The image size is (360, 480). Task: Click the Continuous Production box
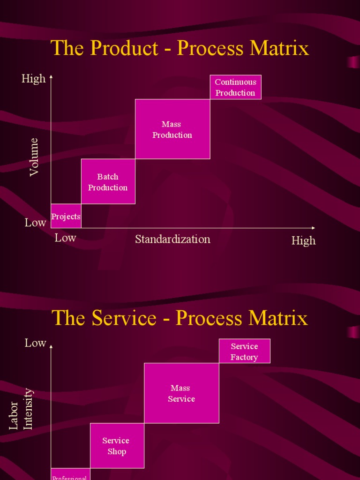pyautogui.click(x=235, y=87)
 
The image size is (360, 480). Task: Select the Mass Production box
pyautogui.click(x=172, y=129)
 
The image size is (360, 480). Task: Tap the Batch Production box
pyautogui.click(x=108, y=182)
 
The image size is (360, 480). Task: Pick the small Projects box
pyautogui.click(x=66, y=217)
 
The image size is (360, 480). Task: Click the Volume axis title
pyautogui.click(x=34, y=157)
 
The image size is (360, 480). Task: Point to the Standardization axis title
pyautogui.click(x=172, y=239)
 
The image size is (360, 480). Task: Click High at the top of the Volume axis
pyautogui.click(x=34, y=79)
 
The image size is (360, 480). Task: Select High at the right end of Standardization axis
pyautogui.click(x=303, y=241)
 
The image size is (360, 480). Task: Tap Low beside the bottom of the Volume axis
pyautogui.click(x=36, y=223)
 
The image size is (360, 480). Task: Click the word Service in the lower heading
pyautogui.click(x=124, y=318)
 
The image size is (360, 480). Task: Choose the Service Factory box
pyautogui.click(x=244, y=352)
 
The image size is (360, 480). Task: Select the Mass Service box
pyautogui.click(x=181, y=393)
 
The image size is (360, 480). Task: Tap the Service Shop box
pyautogui.click(x=116, y=446)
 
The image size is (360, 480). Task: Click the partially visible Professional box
pyautogui.click(x=70, y=475)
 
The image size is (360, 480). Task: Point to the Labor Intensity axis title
pyautogui.click(x=22, y=409)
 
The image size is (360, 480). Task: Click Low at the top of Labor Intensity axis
pyautogui.click(x=36, y=343)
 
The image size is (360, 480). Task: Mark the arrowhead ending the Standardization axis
pyautogui.click(x=313, y=228)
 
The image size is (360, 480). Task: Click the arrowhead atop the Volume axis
pyautogui.click(x=51, y=76)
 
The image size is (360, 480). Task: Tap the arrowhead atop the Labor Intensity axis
pyautogui.click(x=51, y=346)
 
